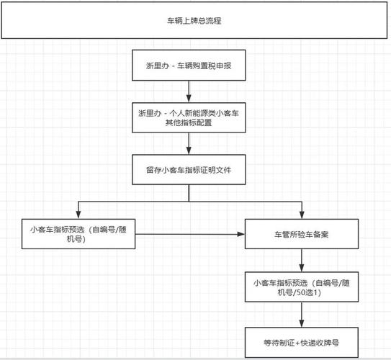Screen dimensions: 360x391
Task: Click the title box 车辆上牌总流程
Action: coord(194,22)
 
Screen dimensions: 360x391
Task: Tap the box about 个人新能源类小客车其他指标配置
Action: coord(189,118)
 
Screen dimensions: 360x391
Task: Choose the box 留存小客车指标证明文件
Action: coord(189,171)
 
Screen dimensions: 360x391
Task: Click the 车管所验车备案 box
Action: coord(301,235)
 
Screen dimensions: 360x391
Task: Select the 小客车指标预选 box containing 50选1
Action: coord(301,287)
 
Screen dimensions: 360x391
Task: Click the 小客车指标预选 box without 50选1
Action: coord(78,234)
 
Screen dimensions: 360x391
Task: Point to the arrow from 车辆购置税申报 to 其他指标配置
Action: coord(189,91)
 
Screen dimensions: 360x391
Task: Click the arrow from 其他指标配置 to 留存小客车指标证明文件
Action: coord(189,145)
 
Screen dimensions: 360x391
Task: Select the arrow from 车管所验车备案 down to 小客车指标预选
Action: coord(301,261)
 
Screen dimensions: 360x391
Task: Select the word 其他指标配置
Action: coord(189,124)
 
